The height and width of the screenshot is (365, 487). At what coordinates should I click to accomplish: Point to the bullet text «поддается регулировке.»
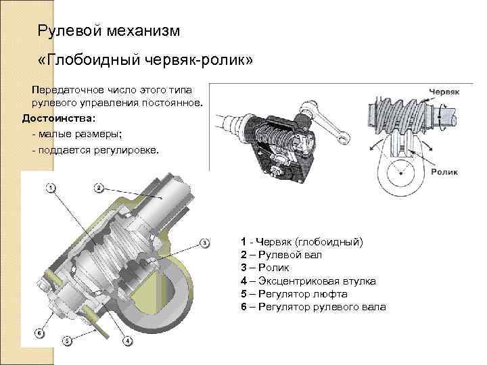101,149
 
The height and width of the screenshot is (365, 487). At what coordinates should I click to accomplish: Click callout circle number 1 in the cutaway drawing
51,187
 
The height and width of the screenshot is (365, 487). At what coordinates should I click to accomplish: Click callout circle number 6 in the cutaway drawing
40,333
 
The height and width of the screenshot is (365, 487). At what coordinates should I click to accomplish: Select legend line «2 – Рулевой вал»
281,255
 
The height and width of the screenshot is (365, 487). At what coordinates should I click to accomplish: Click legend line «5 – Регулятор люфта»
294,294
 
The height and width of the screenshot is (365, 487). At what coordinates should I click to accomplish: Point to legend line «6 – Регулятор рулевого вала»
312,307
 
